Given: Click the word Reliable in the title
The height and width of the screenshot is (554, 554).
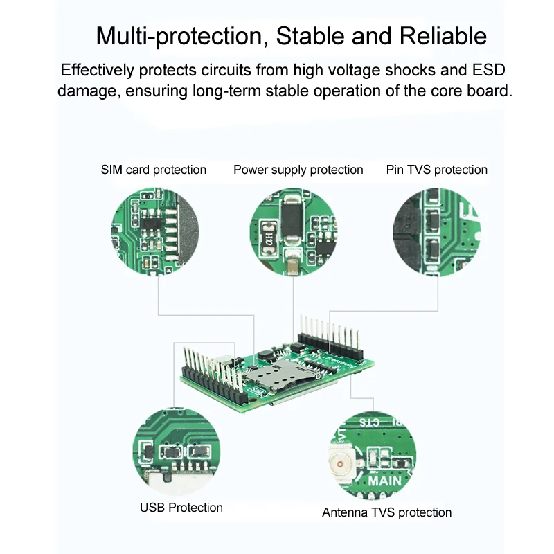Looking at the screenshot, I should [443, 36].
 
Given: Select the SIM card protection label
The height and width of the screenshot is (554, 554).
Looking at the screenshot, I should [154, 170].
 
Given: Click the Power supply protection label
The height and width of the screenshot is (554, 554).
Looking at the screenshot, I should [298, 170].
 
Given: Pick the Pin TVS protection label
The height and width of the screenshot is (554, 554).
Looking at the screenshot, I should [436, 170].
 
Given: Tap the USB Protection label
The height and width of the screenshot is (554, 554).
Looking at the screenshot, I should [181, 508].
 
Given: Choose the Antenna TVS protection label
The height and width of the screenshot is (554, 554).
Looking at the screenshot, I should [386, 512].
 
